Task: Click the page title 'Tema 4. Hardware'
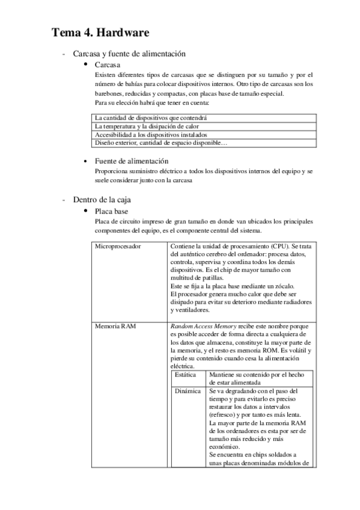(100, 32)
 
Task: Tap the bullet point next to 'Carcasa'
(87, 64)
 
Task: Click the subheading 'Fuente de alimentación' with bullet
(131, 161)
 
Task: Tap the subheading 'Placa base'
(112, 211)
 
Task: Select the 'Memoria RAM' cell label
(117, 326)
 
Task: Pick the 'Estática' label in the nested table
(185, 374)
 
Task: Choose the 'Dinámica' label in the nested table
(186, 390)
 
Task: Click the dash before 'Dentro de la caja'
(64, 200)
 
